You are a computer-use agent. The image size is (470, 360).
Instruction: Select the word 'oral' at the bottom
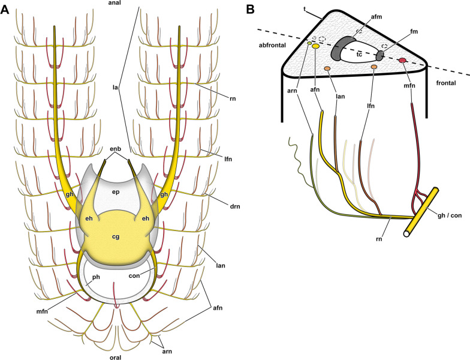117,354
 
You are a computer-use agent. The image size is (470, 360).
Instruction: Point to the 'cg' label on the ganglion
116,236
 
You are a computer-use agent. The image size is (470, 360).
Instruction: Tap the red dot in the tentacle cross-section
403,60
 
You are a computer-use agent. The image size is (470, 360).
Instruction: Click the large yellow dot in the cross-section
315,46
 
